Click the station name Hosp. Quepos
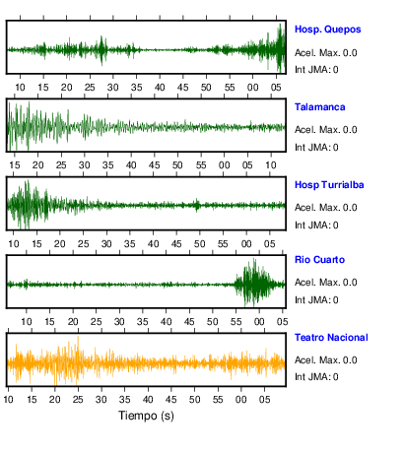coord(327,30)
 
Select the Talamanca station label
coord(319,107)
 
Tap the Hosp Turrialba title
coord(329,185)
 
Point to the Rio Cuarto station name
coord(319,260)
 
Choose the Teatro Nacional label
coord(331,338)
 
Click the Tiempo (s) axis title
coord(146,416)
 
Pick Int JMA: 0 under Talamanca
coord(316,148)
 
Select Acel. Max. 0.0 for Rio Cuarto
coord(325,283)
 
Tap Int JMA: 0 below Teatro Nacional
coord(316,376)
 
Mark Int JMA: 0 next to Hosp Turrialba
coord(316,226)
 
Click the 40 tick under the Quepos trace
coord(160,88)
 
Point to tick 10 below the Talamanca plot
coord(271,165)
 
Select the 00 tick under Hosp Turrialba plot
coord(246,244)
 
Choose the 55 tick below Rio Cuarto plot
coord(236,322)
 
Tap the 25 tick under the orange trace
coord(78,400)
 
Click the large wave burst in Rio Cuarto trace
coord(254,283)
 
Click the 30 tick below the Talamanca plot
coord(85,165)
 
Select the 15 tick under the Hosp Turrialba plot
coord(36,244)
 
